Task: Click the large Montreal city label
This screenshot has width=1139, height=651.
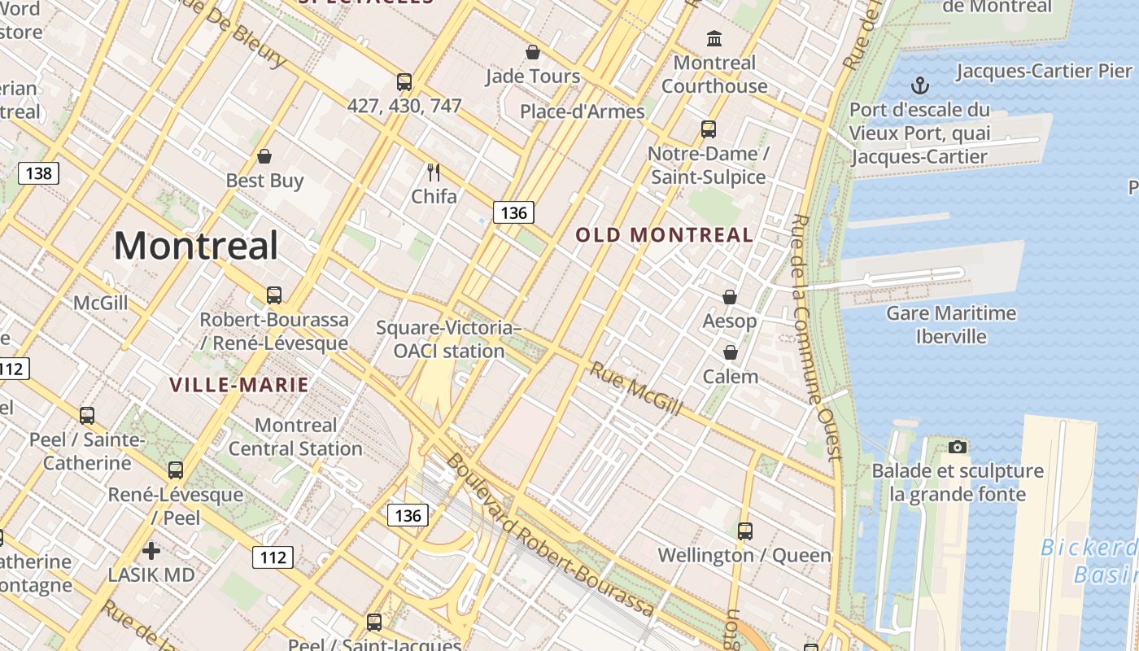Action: tap(196, 246)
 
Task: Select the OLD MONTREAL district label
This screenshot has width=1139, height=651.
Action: tap(665, 235)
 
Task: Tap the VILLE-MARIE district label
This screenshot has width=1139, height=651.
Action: tap(239, 385)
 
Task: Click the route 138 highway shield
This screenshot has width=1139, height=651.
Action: tap(38, 173)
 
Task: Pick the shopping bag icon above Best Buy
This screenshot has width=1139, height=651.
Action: tap(264, 156)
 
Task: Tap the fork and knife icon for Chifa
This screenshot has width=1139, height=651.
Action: tap(434, 172)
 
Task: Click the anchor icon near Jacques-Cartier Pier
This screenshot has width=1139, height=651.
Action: tap(920, 85)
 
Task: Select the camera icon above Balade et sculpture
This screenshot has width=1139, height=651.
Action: tap(958, 447)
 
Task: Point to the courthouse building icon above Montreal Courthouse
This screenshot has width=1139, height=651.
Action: tap(714, 38)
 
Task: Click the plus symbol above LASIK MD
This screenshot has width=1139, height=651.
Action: tap(151, 551)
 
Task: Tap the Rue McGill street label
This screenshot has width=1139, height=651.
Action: tap(635, 389)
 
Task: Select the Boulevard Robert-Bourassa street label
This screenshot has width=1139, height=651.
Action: tap(550, 535)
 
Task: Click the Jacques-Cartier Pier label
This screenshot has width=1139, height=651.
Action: tap(1044, 71)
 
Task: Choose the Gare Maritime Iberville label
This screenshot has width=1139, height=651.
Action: tap(951, 325)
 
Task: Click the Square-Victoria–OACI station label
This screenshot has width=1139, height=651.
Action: tap(448, 339)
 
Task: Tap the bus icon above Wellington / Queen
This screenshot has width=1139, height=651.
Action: tap(744, 531)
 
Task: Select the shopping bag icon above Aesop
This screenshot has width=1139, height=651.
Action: tap(730, 297)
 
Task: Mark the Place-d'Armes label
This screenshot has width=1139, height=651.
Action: tap(583, 111)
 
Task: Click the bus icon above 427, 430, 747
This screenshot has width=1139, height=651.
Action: tap(404, 81)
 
